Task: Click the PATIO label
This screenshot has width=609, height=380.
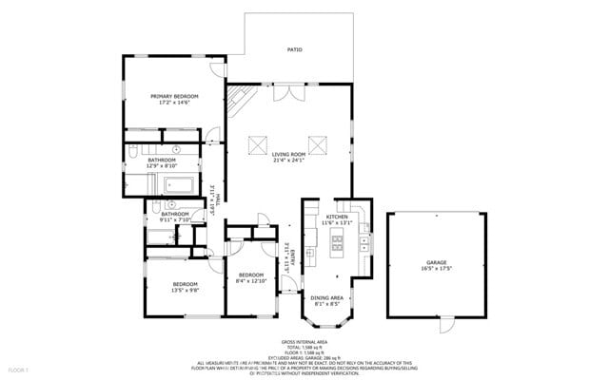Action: tap(295, 49)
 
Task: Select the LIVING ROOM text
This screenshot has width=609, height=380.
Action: tap(287, 154)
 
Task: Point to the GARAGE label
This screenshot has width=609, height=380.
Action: tap(436, 262)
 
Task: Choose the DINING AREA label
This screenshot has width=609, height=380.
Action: tap(326, 298)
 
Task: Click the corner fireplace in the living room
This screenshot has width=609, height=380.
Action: tap(240, 97)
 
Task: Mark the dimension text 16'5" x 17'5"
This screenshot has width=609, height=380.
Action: tap(436, 269)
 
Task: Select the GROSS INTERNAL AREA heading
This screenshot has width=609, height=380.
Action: tap(304, 340)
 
